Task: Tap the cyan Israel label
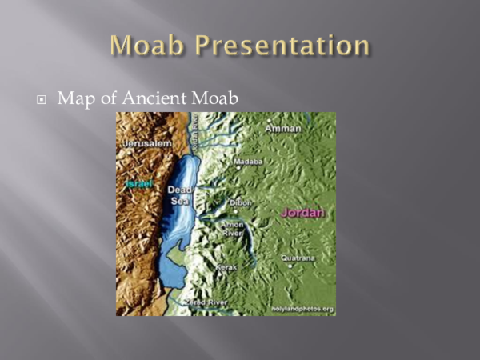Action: pos(138,184)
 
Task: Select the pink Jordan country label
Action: pos(302,213)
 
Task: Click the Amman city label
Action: pos(284,128)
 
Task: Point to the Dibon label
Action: pos(241,203)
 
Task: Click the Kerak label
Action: pos(227,267)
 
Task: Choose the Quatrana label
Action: pos(298,258)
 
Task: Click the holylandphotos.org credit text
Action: pos(302,309)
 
